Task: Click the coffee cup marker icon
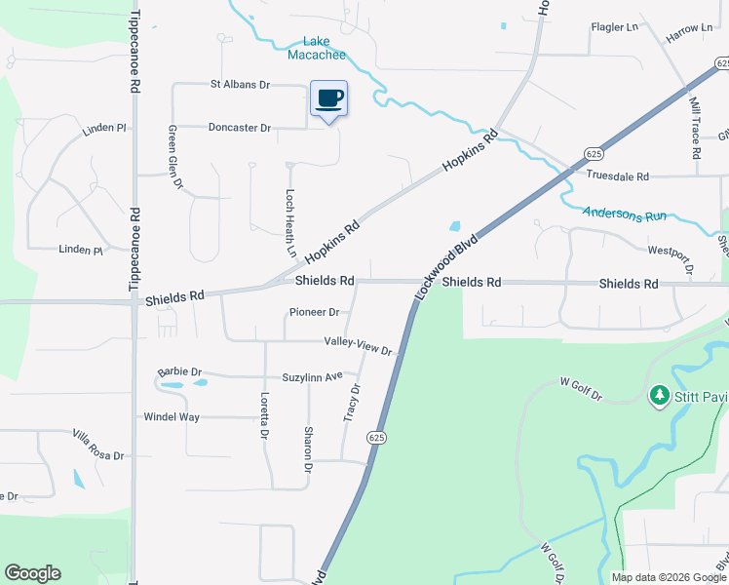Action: (328, 98)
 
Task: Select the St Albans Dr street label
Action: (240, 85)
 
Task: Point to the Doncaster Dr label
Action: (239, 128)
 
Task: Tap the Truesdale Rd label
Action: (617, 176)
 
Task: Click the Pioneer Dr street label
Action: (314, 313)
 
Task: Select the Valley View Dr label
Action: (358, 347)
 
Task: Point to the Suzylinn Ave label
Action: (313, 376)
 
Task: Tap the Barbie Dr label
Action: (179, 372)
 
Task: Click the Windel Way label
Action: (172, 417)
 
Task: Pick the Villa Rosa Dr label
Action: (97, 444)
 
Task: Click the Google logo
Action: (32, 573)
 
